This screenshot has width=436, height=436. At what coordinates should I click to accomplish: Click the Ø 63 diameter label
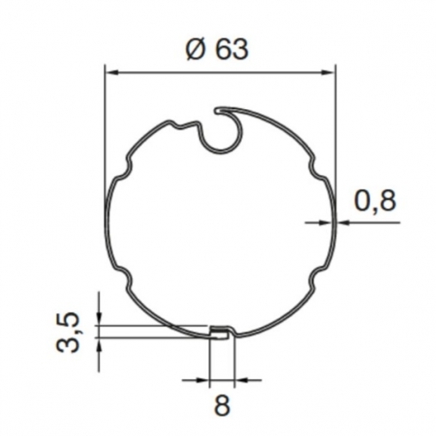click(x=217, y=50)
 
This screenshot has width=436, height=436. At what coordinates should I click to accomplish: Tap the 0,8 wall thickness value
click(x=375, y=200)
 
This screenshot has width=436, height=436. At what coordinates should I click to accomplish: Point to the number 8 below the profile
click(x=222, y=405)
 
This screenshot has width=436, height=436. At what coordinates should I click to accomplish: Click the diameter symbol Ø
click(x=196, y=50)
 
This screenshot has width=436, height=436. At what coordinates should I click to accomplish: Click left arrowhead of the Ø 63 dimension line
click(x=112, y=73)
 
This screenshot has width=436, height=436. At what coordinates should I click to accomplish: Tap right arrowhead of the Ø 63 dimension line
click(x=328, y=73)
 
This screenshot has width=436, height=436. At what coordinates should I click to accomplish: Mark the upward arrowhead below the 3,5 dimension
click(x=99, y=344)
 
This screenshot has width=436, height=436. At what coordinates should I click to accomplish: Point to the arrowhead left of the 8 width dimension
click(x=203, y=380)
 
